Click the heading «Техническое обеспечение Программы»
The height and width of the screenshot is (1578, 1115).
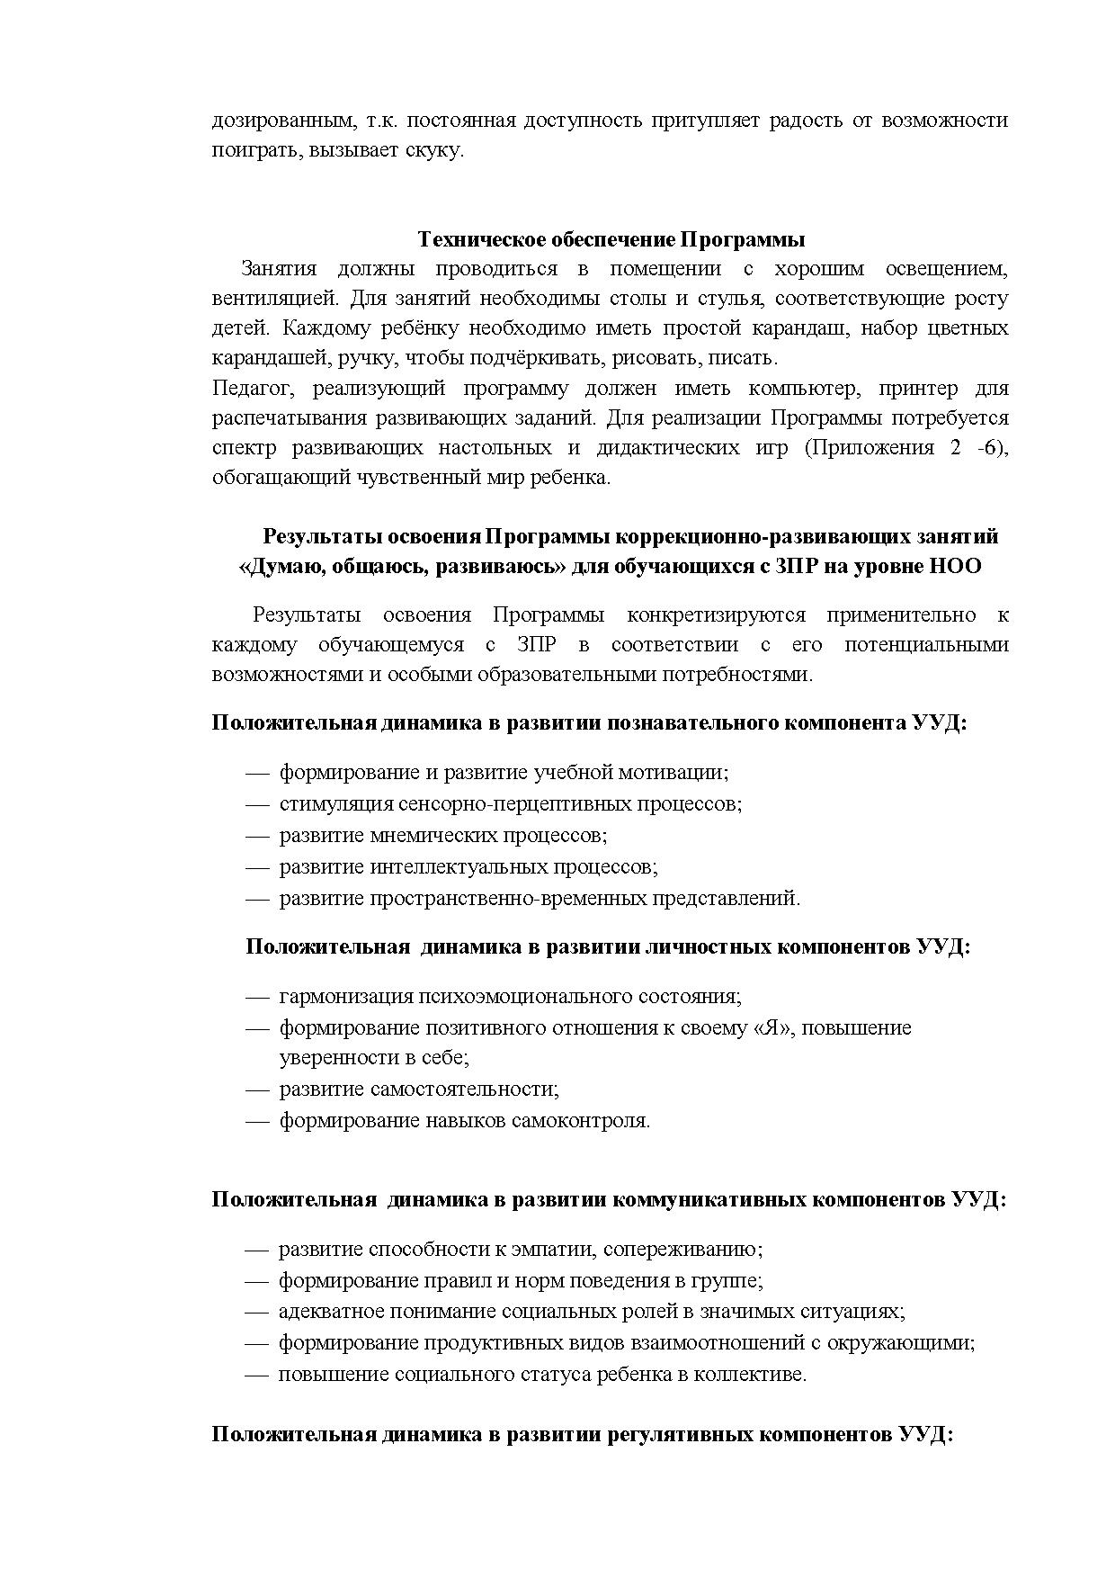(x=611, y=240)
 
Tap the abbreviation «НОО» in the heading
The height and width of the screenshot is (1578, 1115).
(x=954, y=567)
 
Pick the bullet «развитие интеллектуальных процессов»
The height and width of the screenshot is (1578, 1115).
(x=468, y=867)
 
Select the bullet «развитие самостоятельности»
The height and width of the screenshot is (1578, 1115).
(x=418, y=1089)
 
